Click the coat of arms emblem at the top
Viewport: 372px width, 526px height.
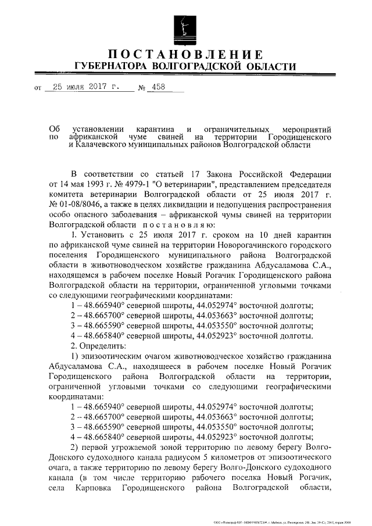[x=186, y=26]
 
